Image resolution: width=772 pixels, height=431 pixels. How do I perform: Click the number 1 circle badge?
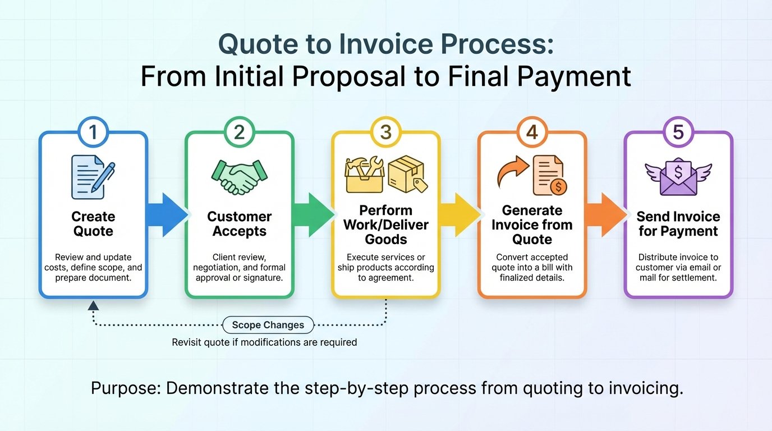click(x=93, y=132)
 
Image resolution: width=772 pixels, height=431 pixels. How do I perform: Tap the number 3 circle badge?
click(x=385, y=132)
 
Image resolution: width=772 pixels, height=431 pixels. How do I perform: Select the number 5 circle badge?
click(x=678, y=132)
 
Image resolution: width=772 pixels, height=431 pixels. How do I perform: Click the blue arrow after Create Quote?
click(x=167, y=214)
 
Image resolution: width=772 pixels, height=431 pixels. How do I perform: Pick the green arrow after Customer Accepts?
click(x=313, y=214)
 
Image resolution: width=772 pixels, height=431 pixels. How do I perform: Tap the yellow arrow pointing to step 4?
click(x=460, y=214)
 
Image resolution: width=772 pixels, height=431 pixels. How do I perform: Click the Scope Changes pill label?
click(x=268, y=325)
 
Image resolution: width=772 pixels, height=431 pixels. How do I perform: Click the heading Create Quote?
click(x=93, y=224)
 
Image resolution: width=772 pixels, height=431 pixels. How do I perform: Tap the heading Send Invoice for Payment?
click(x=678, y=224)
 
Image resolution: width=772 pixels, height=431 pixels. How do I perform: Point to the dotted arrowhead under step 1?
click(x=94, y=305)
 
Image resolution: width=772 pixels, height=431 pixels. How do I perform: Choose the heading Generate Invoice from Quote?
click(x=532, y=224)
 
